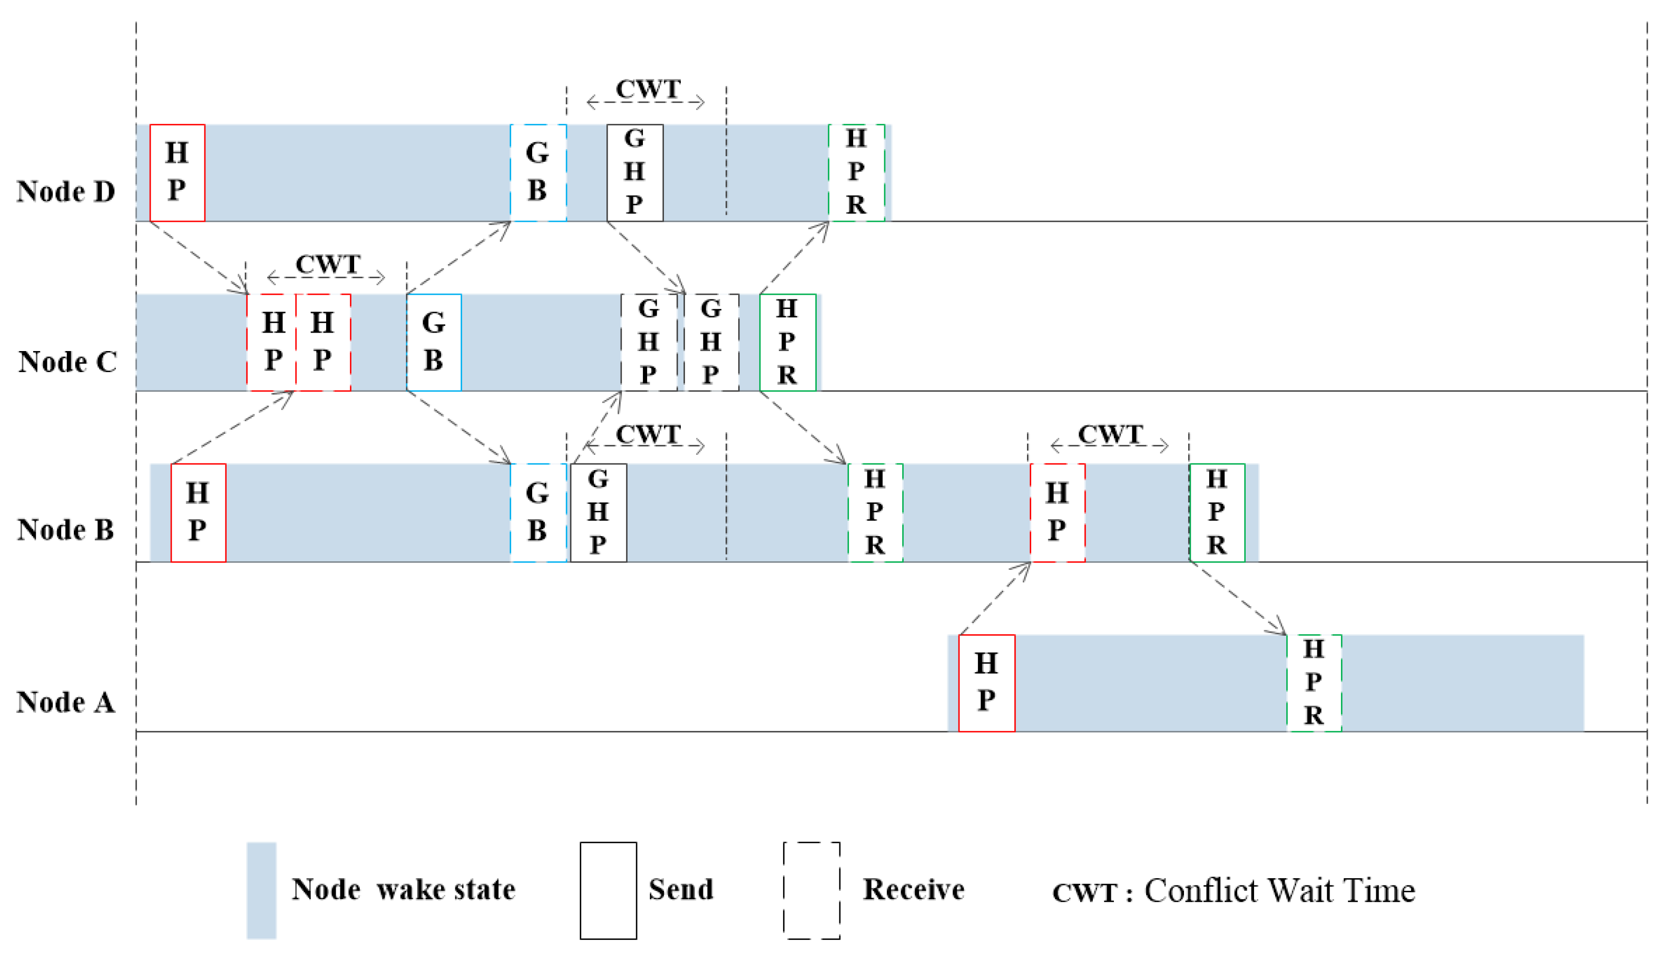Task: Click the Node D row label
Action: [65, 192]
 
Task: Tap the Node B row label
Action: [65, 530]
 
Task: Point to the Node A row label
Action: [65, 702]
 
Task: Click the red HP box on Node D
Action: [177, 173]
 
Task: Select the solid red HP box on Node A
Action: [986, 683]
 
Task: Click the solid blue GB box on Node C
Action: [434, 342]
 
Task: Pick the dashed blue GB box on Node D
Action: [538, 173]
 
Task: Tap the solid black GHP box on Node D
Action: [634, 173]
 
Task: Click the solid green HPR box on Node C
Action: [787, 342]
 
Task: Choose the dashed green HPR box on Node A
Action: [1314, 683]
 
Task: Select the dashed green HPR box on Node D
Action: [856, 173]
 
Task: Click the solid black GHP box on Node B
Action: [598, 512]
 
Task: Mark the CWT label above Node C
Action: [328, 265]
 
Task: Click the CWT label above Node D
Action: [648, 90]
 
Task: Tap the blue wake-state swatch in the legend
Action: [261, 890]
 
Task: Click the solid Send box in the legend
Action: [608, 890]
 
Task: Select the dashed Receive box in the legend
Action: [811, 890]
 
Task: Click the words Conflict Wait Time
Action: [1279, 891]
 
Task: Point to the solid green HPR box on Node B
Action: [1216, 512]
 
